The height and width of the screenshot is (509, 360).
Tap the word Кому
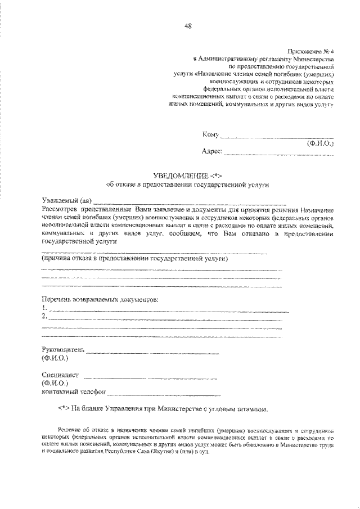point(210,134)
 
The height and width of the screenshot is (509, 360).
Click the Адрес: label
point(212,151)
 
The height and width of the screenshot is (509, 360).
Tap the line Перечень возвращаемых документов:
point(100,300)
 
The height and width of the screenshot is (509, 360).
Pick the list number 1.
point(44,308)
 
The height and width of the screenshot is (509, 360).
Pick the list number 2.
point(44,317)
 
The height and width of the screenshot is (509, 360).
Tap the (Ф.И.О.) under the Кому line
point(319,143)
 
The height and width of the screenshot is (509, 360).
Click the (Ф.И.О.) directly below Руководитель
point(55,358)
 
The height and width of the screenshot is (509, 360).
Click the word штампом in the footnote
point(247,408)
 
